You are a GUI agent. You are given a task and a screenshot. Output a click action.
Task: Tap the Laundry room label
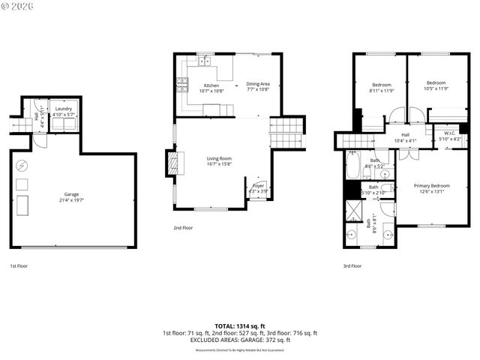63,111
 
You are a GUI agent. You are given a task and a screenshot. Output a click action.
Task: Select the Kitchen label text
212,87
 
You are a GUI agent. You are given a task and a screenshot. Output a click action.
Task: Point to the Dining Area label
258,86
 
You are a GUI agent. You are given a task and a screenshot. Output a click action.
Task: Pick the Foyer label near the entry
258,187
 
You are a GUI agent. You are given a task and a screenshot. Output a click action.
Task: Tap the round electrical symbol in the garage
22,165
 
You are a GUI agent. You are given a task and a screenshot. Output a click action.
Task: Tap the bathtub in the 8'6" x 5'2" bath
353,165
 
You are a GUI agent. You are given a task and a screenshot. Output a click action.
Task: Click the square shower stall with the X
352,211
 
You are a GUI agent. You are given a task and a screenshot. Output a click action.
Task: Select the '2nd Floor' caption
183,227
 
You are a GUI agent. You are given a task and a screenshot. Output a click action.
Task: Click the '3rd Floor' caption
352,265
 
